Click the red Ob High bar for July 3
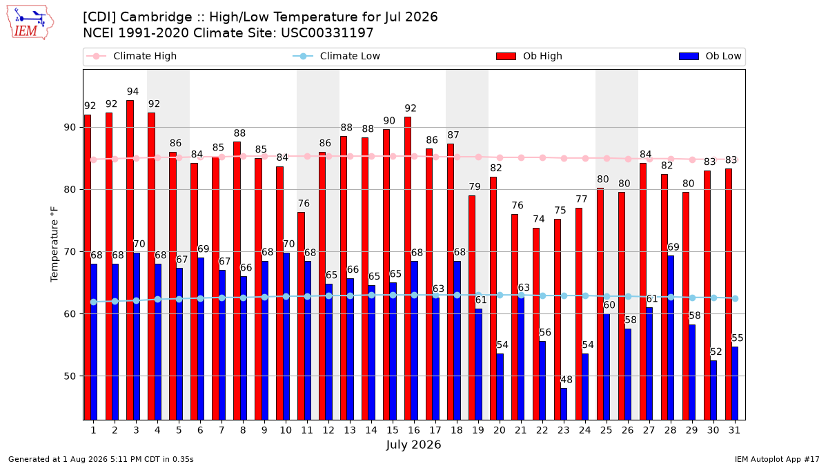point(130,260)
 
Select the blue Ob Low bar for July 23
point(564,404)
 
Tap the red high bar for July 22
point(536,324)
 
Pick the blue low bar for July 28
point(671,338)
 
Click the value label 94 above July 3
point(132,91)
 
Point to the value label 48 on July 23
point(566,380)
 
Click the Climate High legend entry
point(132,56)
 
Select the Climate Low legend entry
point(337,56)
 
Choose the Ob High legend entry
point(529,56)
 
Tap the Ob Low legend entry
point(710,56)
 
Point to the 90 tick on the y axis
point(70,128)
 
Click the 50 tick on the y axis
point(70,376)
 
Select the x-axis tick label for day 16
point(414,430)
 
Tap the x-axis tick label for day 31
point(734,430)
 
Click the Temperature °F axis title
point(55,244)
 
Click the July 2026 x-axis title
point(413,444)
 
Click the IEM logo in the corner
point(30,23)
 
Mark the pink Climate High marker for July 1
point(94,159)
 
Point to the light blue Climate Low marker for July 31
point(736,298)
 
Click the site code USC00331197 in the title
point(327,33)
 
